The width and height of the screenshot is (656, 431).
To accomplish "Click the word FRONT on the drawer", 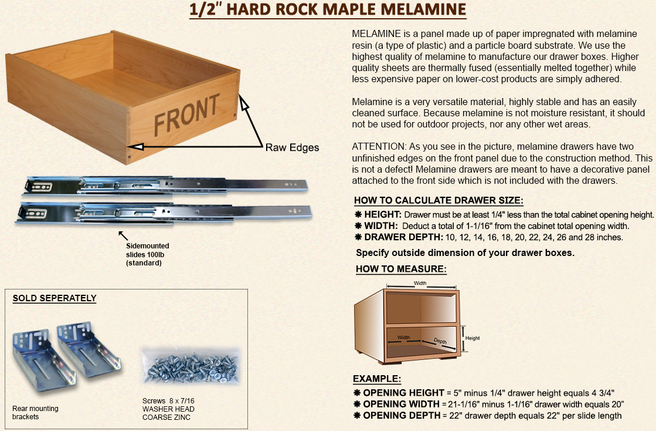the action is (186, 114).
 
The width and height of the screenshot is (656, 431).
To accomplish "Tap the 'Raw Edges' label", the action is (292, 147).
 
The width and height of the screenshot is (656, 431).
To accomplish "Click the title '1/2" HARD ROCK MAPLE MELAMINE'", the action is (328, 9).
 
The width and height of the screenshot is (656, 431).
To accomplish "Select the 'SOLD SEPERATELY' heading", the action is (55, 298).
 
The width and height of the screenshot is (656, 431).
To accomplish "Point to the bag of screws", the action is (191, 365).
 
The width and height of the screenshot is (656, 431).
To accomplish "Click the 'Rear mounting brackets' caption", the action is (35, 413).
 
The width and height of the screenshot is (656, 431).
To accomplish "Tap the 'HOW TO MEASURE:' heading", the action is (401, 269).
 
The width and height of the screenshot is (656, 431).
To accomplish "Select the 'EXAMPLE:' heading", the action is (377, 379).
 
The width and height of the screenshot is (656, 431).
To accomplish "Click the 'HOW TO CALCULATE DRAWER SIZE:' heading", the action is (439, 200).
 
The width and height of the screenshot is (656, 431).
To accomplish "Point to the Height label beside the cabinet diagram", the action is (473, 338).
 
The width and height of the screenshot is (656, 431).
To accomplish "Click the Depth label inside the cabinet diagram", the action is (440, 341).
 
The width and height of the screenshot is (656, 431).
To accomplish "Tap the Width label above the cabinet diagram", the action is (420, 283).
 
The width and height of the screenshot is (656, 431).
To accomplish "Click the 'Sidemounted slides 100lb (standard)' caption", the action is (147, 254).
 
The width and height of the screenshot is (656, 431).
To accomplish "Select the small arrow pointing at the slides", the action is (123, 235).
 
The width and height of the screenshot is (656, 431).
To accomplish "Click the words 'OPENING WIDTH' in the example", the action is (401, 404).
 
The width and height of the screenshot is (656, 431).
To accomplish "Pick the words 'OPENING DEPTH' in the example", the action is (402, 416).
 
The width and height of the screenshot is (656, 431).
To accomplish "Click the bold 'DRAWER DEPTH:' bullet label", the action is (403, 237).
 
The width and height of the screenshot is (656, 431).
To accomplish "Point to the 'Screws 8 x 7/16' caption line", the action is (168, 401).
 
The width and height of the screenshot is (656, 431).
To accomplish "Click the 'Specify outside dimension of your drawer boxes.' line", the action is (465, 252).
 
